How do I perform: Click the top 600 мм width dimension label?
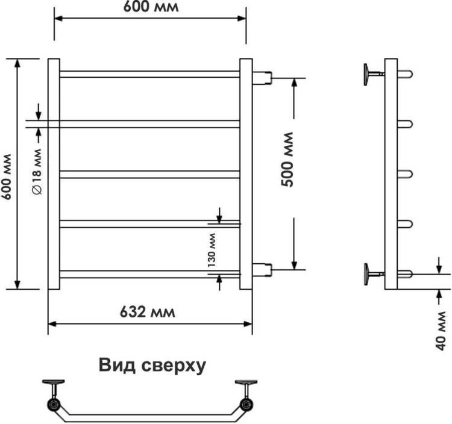(151, 7)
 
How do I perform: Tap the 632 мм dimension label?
(147, 312)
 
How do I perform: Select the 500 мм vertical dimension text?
(287, 159)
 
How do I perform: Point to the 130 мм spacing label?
(212, 250)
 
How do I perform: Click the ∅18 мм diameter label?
(37, 172)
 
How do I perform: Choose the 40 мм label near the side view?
(441, 331)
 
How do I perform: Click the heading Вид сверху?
(152, 365)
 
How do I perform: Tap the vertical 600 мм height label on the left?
(6, 177)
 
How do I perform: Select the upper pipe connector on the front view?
(262, 78)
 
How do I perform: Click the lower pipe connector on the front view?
(262, 270)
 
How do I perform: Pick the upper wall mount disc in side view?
(366, 75)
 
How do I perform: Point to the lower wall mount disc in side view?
(366, 274)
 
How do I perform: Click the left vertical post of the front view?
(54, 174)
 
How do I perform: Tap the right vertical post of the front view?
(246, 174)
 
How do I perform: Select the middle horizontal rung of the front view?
(150, 174)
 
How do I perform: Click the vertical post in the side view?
(391, 174)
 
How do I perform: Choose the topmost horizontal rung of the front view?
(150, 74)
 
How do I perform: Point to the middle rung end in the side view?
(405, 174)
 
